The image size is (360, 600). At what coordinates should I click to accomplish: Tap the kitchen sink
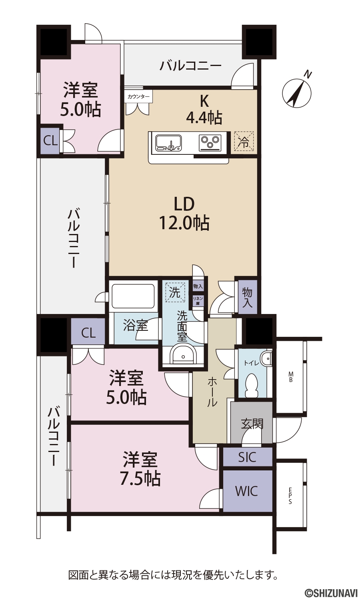pyautogui.click(x=169, y=142)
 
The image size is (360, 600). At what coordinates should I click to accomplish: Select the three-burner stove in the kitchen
pyautogui.click(x=210, y=142)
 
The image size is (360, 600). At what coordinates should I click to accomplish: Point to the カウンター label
pyautogui.click(x=138, y=97)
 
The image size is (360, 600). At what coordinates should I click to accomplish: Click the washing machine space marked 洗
pyautogui.click(x=175, y=292)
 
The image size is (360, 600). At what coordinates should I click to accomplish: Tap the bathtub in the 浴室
pyautogui.click(x=134, y=296)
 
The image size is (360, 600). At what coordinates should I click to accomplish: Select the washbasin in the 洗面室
pyautogui.click(x=183, y=356)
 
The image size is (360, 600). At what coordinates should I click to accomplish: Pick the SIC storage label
pyautogui.click(x=247, y=458)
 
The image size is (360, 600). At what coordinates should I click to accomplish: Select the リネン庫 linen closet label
pyautogui.click(x=198, y=301)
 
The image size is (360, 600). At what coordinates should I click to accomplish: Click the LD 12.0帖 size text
pyautogui.click(x=184, y=214)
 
